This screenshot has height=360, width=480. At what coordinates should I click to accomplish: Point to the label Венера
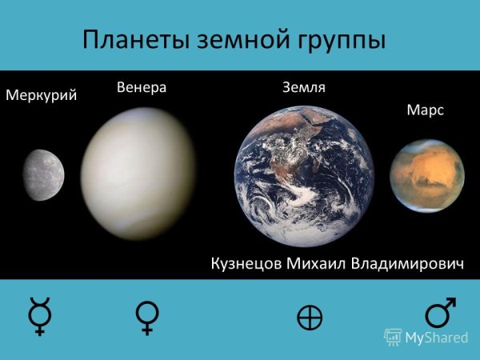click(x=141, y=86)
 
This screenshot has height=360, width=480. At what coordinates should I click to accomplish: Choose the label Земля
click(x=303, y=86)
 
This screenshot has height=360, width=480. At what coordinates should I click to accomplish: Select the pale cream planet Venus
click(x=138, y=162)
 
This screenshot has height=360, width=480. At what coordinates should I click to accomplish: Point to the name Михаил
click(x=317, y=264)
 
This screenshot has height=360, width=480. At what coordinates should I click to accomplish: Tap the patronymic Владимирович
click(x=408, y=264)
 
